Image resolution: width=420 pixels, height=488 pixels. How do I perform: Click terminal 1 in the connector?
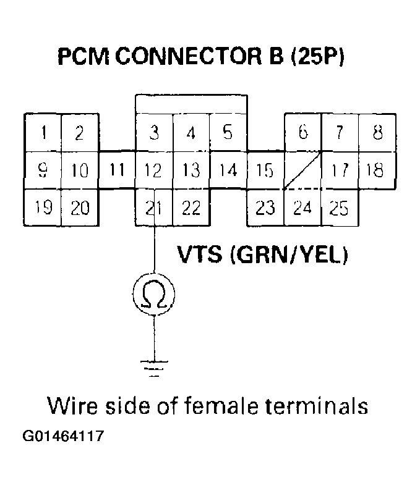(43, 133)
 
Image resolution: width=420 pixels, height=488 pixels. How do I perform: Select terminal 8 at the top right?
(377, 133)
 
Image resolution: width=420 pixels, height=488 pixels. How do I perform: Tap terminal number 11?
(118, 170)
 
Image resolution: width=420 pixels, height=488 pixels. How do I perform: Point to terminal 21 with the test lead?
(154, 208)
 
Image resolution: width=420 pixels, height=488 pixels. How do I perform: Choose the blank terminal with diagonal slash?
(302, 170)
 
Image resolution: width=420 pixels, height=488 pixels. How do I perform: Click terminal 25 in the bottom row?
(339, 208)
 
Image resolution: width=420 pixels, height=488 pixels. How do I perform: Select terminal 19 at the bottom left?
(43, 208)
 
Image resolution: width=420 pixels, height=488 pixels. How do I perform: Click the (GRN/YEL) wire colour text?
(288, 255)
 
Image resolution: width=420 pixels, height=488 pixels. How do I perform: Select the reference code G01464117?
(63, 437)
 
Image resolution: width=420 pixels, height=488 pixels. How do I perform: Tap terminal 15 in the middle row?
(265, 170)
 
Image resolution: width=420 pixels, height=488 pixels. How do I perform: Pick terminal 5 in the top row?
(228, 133)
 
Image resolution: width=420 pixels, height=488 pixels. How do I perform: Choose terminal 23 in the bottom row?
(265, 208)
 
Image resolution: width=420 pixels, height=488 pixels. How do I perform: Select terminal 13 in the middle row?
(191, 170)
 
